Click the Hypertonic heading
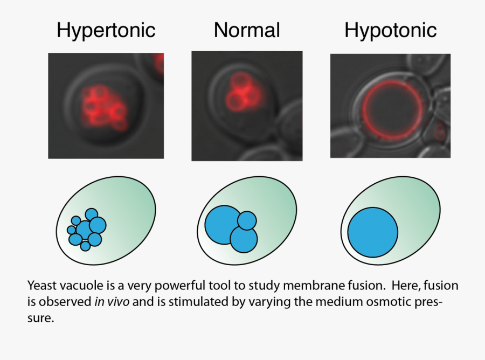point(106,30)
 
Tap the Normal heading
point(247,30)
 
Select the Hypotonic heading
point(391,30)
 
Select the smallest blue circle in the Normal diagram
point(247,220)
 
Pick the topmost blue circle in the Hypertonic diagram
point(91,214)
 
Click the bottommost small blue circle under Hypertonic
point(85,246)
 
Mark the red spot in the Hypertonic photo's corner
point(160,63)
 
